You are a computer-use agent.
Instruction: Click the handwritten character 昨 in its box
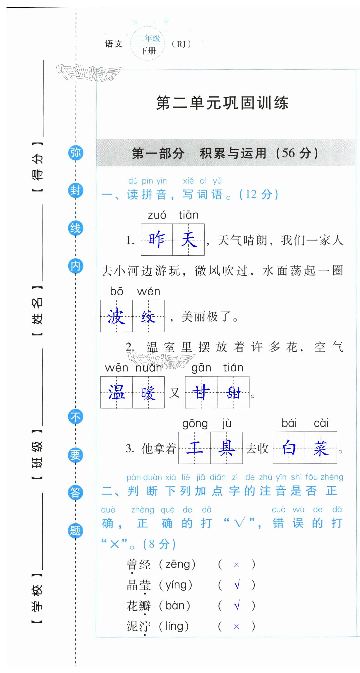point(157,239)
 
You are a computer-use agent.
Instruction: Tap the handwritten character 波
point(116,316)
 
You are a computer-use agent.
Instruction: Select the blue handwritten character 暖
point(148,393)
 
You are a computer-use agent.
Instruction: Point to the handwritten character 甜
point(233,393)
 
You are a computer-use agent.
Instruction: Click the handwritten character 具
point(227,448)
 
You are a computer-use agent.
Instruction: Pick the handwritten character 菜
point(321,448)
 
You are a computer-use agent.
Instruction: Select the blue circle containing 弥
point(76,152)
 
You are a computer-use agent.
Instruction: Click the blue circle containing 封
point(76,191)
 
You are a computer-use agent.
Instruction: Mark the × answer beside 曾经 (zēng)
point(236,565)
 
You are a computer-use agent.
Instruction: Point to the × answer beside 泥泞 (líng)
point(236,627)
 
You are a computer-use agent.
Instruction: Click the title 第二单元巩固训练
point(222,103)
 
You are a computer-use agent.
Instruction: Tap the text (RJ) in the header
point(181,44)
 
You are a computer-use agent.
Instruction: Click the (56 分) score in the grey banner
point(297,153)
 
